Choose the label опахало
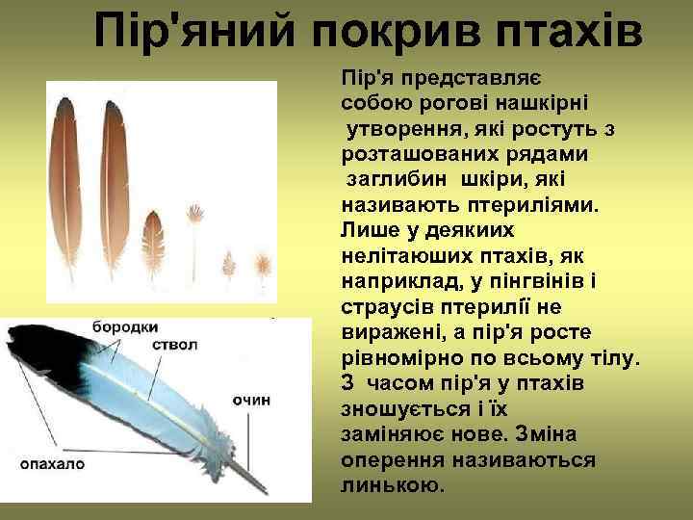pos(53,463)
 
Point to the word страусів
pos(378,305)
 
